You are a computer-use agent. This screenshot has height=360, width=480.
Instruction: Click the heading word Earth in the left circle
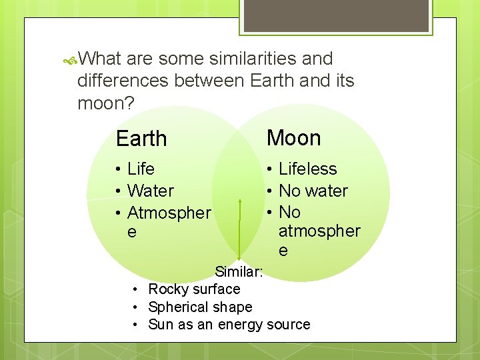(141, 139)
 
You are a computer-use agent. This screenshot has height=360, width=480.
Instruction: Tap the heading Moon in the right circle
(294, 138)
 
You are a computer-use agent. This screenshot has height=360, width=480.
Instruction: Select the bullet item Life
(141, 169)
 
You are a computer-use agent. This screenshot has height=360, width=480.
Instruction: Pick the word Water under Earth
(150, 191)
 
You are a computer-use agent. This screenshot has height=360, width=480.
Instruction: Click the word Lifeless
(307, 169)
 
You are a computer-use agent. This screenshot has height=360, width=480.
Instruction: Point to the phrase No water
(313, 191)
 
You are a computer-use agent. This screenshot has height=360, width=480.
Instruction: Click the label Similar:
(239, 272)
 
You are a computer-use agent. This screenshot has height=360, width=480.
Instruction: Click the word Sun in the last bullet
(161, 325)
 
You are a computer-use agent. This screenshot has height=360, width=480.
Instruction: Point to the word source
(288, 325)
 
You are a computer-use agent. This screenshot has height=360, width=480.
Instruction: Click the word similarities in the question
(253, 59)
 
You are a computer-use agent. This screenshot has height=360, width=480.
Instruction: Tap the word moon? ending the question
(106, 103)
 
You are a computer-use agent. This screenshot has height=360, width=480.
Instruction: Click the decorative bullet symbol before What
(70, 60)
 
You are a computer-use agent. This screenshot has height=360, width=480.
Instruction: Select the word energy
(239, 325)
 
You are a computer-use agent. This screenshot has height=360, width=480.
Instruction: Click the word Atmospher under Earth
(169, 213)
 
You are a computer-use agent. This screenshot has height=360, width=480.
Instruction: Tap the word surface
(215, 289)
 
